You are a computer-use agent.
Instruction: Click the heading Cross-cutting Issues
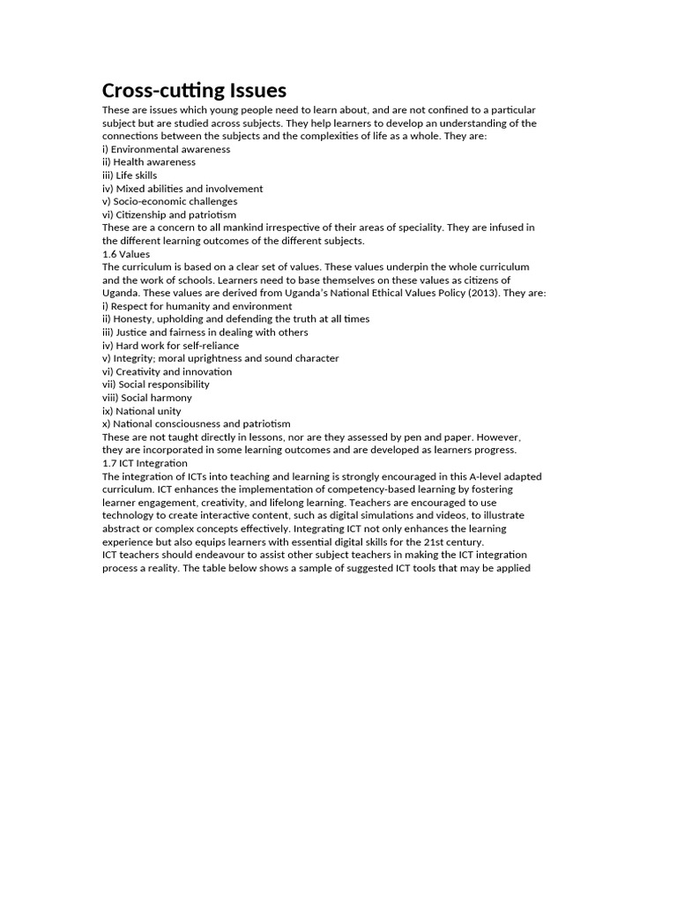point(194,91)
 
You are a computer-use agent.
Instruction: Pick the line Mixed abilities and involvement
point(182,189)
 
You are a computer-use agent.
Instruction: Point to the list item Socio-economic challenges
point(169,202)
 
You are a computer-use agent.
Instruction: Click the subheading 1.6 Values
point(126,254)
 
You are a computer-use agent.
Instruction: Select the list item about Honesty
point(235,319)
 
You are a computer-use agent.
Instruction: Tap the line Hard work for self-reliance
point(170,346)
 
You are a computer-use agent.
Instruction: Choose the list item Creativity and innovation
point(167,372)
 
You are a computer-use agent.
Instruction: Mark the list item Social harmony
point(147,398)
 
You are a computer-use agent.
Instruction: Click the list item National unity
point(141,411)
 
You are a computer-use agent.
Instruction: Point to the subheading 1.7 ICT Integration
point(145,463)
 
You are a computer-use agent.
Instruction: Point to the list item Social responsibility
point(155,384)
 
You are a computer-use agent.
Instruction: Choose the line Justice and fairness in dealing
point(205,332)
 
